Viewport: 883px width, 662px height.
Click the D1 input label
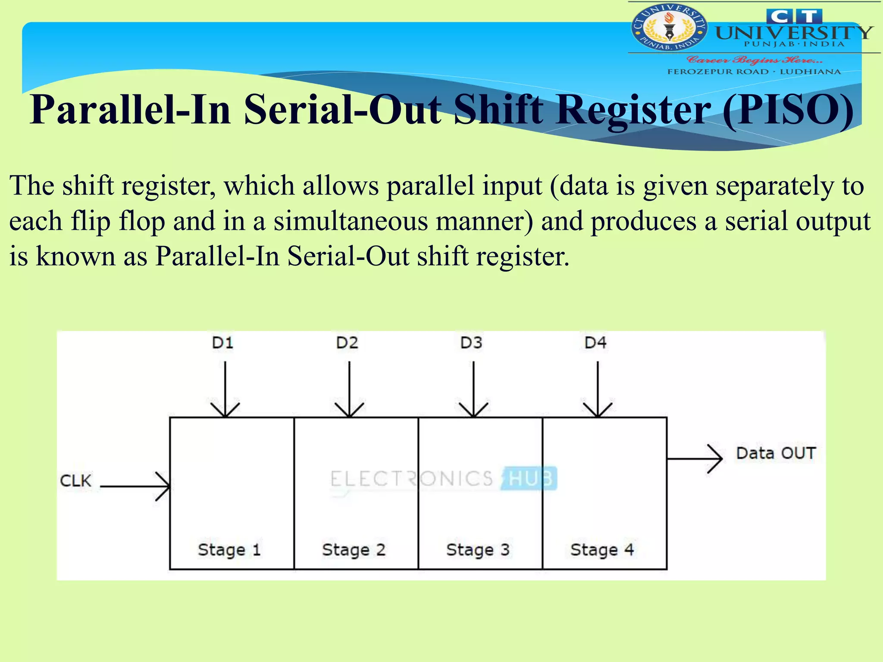[x=222, y=343]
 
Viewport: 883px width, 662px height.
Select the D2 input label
[x=347, y=343]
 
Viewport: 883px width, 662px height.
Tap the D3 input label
[x=471, y=343]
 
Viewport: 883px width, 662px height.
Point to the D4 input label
[x=595, y=343]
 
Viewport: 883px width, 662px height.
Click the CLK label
[x=76, y=481]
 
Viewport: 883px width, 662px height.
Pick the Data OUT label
[x=776, y=453]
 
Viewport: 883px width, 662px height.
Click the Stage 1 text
[x=229, y=550]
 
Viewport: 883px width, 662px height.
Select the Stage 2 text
[x=354, y=550]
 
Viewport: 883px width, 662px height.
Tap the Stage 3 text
[x=478, y=550]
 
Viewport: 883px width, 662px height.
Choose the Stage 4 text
[x=602, y=550]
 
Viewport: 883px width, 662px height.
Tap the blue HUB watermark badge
[x=530, y=478]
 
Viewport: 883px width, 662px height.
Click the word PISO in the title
[x=788, y=109]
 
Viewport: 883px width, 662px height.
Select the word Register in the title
[x=633, y=109]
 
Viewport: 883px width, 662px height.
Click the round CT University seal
[x=669, y=28]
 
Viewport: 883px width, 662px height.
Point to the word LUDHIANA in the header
[x=810, y=72]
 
